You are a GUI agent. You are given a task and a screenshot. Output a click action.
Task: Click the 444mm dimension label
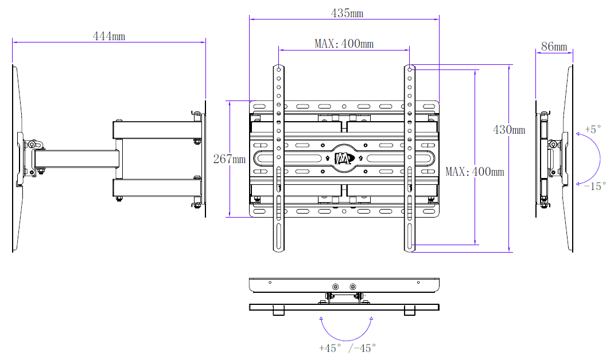[109, 36]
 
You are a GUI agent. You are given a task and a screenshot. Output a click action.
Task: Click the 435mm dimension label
[347, 13]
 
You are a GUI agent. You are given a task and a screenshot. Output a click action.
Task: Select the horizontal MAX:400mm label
[344, 44]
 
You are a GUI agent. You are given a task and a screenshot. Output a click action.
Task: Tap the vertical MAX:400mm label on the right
[475, 171]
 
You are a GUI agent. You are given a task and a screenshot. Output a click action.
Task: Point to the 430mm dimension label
[509, 130]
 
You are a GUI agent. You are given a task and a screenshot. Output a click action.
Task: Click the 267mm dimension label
[229, 159]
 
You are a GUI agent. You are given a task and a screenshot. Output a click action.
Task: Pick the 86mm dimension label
[554, 47]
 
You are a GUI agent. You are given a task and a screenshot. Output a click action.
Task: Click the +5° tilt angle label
[593, 129]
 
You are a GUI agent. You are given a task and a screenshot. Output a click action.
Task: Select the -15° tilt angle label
[595, 186]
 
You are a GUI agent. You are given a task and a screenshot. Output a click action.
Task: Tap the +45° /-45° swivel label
[347, 347]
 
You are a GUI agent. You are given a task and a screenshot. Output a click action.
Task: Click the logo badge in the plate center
[343, 158]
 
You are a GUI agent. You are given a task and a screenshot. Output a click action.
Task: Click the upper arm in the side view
[155, 129]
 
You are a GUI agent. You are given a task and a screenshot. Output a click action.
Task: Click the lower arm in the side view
[155, 188]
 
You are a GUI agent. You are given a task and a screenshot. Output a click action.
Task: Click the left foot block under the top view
[278, 311]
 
